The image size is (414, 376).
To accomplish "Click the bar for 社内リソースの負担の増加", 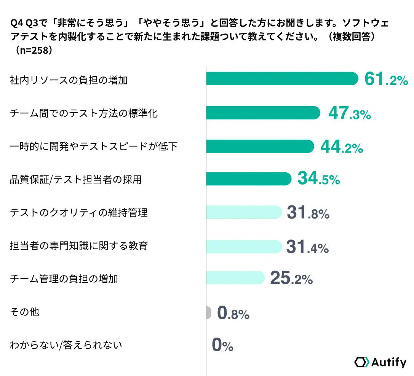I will tap(282, 79).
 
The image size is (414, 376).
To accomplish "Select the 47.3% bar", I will tap(263, 113).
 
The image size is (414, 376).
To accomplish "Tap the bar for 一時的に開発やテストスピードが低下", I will tap(260, 146).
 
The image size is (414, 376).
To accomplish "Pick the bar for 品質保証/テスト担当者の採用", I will tap(249, 178).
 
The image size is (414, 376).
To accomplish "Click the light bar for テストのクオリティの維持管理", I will tap(244, 212).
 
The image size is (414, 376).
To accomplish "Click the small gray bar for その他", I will tap(208, 312).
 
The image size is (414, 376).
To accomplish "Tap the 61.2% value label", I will tap(386, 80).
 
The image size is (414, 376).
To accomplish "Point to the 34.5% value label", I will tap(318, 179).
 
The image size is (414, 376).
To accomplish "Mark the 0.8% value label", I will tap(233, 313).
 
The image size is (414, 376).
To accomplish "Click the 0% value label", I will tap(222, 346).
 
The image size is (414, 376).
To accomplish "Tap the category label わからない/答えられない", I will tap(66, 345).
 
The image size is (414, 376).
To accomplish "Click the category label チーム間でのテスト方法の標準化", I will tap(83, 113).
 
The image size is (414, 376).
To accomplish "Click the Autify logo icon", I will tap(361, 362).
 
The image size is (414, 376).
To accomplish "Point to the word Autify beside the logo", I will tap(388, 362).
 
